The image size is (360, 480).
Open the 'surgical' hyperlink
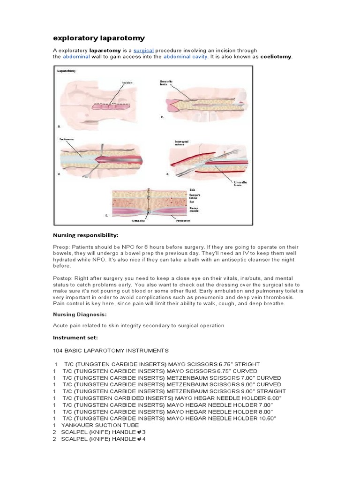(x=143, y=50)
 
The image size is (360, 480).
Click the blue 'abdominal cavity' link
(x=184, y=57)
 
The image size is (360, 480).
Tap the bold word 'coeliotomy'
(x=276, y=57)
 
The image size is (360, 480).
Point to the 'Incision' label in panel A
(x=128, y=83)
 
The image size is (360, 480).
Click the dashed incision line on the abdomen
(x=112, y=103)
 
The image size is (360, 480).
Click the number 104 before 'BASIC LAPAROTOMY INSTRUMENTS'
(x=57, y=350)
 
